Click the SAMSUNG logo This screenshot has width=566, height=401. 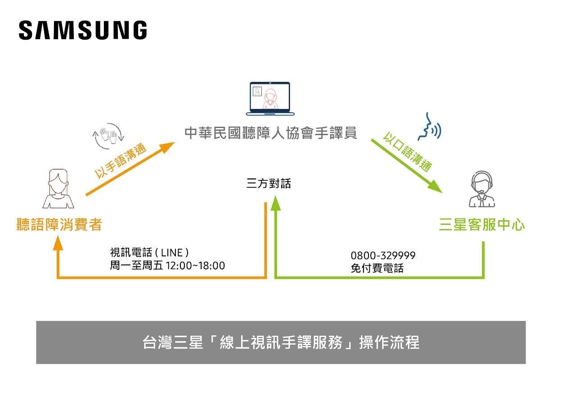pos(83,31)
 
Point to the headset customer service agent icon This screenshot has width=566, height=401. pos(482,189)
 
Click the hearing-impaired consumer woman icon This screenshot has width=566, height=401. pos(58,189)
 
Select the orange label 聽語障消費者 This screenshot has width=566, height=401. pos(59,224)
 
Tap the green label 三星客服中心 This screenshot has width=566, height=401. pos(482,225)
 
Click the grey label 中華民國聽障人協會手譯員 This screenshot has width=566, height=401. pos(271,133)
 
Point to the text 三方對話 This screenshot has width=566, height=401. pos(269,183)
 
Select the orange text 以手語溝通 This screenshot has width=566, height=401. pos(121,162)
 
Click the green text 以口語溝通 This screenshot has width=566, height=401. pos(408,151)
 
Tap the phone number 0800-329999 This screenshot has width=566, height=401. pos(383,255)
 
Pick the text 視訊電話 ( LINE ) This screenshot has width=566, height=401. pos(149,252)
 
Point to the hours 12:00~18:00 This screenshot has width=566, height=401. pos(195,265)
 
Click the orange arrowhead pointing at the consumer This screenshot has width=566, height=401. pos(58,243)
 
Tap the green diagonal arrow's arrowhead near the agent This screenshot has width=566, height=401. pos(435,187)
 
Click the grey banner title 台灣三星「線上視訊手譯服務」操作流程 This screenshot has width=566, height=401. pos(281,342)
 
